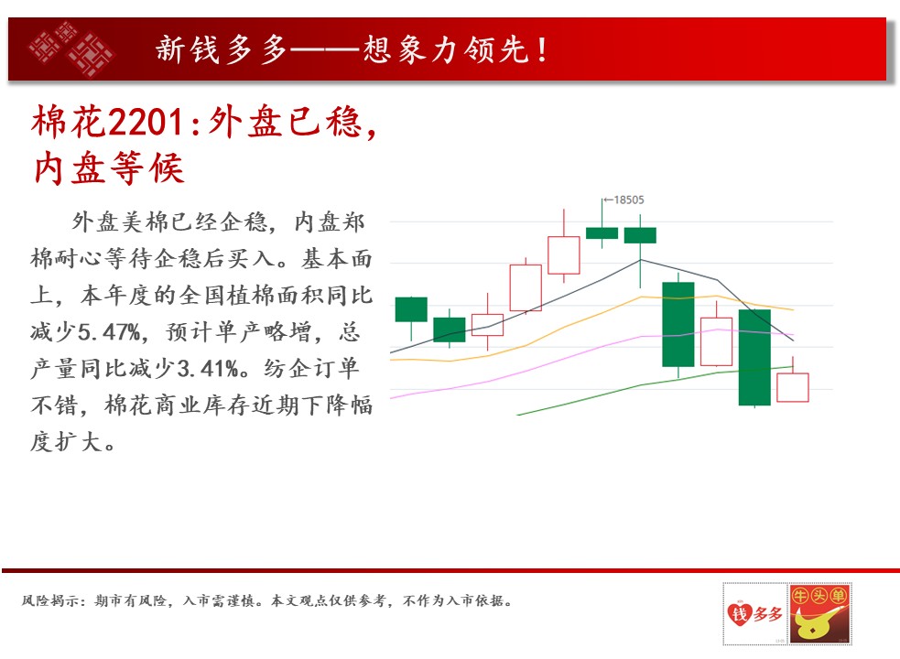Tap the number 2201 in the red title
pos(146,123)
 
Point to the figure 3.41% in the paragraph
pos(208,369)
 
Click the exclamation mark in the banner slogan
pos(542,50)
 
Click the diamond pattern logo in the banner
pos(71,49)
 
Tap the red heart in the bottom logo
pos(739,614)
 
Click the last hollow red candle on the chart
pos(793,387)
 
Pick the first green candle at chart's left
pos(411,309)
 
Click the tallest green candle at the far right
pos(754,357)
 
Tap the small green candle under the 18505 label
pos(602,232)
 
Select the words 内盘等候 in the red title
pos(108,168)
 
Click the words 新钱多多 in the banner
pos(222,50)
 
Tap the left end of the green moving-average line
pos(517,415)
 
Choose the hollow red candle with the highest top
pos(564,254)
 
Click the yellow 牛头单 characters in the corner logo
pos(819,596)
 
